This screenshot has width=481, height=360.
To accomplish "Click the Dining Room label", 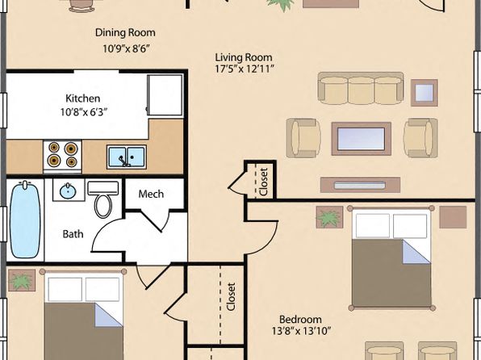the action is point(125,32).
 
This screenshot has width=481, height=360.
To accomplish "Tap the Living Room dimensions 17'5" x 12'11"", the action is point(245,69).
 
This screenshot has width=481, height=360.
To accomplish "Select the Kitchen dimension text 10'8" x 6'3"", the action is point(83,112).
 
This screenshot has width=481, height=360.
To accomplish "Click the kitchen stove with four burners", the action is point(63,155).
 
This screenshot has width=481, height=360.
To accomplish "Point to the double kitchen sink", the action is point(127,157).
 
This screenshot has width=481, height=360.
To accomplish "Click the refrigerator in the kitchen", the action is point(165,94).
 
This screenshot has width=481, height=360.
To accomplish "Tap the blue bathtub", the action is point(26,219).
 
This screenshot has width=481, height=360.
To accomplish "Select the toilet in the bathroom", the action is point(102,199).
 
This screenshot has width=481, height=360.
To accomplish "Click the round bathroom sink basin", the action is point(68,191).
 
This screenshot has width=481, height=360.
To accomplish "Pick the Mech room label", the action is point(151,194).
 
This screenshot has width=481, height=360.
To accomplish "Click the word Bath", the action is point(73,234).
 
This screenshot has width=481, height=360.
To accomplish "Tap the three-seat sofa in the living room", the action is point(361,89).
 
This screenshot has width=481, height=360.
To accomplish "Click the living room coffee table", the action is point(361,139).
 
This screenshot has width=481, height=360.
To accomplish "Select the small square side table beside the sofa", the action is point(425,93).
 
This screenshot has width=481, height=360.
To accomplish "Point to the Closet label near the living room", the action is point(264,182).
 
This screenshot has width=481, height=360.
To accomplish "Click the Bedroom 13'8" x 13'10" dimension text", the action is point(301,331).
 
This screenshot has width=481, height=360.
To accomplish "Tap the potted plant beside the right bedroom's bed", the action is point(329,217).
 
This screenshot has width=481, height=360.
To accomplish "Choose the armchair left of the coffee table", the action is point(303,138).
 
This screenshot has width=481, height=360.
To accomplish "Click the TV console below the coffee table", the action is point(360,185).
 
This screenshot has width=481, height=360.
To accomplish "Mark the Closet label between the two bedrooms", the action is point(231,296).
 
